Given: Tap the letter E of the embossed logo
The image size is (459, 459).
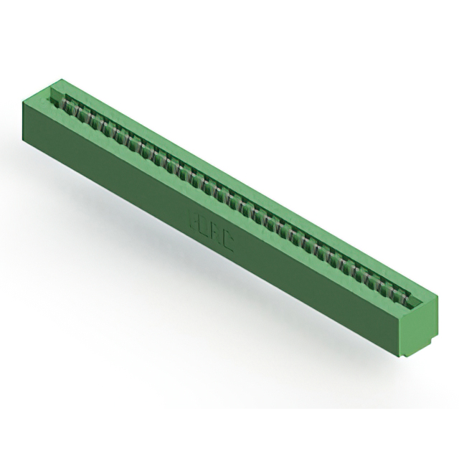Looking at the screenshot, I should [194, 219].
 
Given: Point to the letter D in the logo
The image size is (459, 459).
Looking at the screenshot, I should [205, 227].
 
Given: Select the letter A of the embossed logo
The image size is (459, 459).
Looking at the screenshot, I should [217, 234].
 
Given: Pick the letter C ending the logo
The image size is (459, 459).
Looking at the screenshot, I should [228, 240].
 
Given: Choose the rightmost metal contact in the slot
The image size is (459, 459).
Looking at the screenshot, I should [404, 295].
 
